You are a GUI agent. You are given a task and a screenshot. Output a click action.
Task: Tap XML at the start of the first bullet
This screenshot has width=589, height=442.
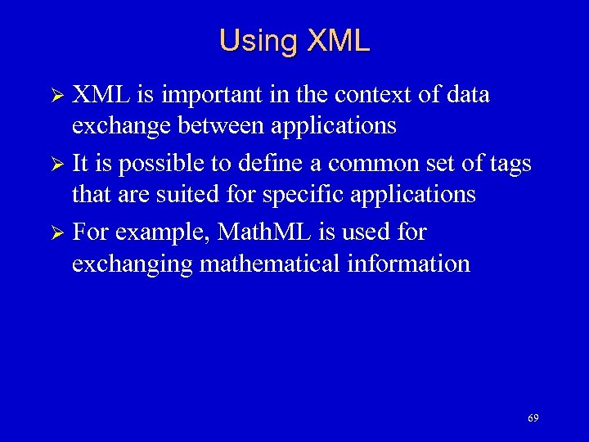tap(101, 95)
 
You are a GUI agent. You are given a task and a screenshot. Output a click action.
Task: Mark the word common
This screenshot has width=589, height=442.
tap(375, 164)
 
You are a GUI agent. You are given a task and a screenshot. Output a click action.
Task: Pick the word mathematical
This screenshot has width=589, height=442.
tap(265, 264)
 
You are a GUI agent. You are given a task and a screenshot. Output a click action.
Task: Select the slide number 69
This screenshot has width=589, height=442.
tap(533, 418)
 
